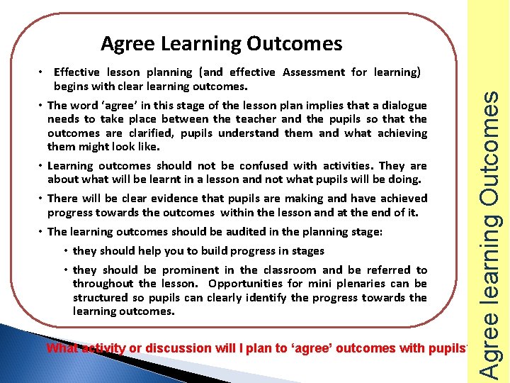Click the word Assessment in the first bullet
pos(314,72)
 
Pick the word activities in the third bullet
pos(349,166)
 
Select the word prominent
pos(191,270)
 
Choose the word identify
pos(270,298)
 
